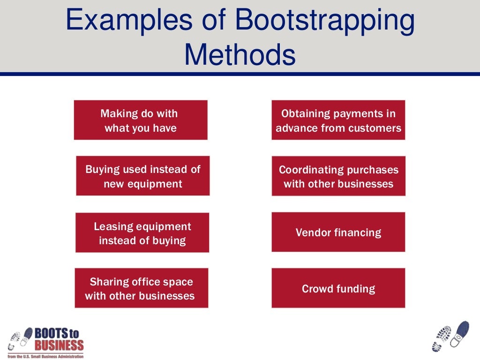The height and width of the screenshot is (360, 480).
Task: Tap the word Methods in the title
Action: pos(240,55)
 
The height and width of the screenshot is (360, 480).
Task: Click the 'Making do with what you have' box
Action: pos(140,120)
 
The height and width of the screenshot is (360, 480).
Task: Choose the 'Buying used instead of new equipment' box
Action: pos(142,176)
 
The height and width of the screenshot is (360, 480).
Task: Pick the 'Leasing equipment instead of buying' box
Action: pos(142,233)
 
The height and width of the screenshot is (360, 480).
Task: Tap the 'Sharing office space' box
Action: pos(141,288)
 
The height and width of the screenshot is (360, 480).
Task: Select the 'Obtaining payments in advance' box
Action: pos(338,120)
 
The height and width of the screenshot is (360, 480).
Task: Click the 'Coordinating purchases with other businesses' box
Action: pos(338,176)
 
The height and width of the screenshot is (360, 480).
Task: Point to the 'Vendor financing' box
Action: pos(338,232)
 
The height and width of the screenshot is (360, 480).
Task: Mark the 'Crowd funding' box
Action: pos(338,288)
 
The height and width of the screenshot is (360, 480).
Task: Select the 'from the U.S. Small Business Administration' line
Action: pos(46,356)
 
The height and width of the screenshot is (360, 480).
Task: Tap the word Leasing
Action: pos(111,226)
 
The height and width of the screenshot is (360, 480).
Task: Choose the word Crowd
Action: pos(317,289)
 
